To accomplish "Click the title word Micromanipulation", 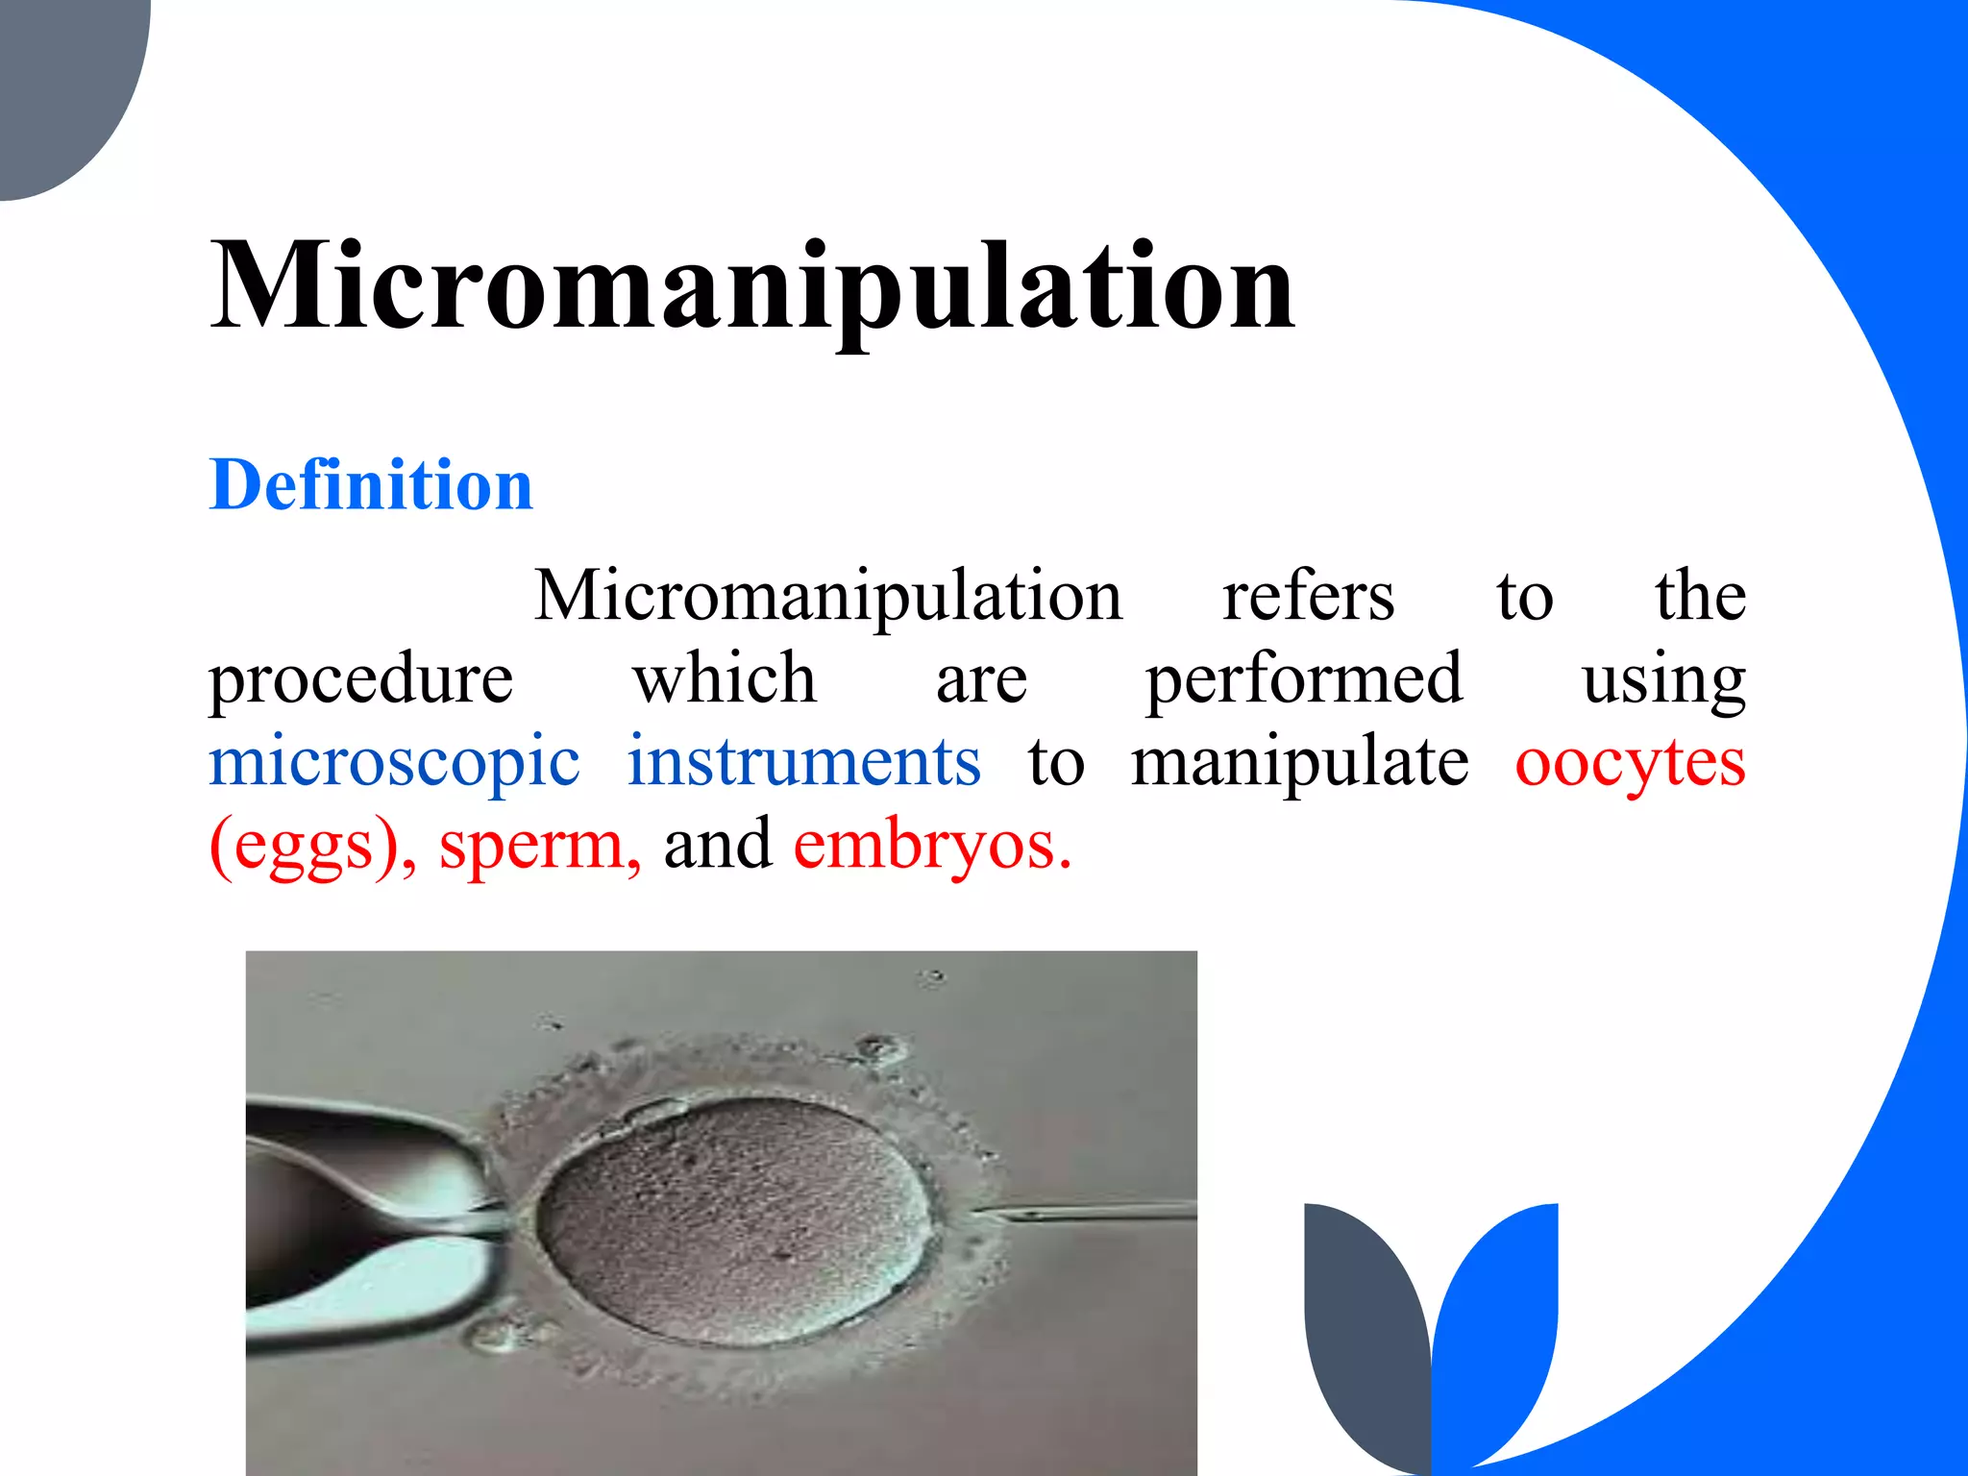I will (x=751, y=286).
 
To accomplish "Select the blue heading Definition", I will (x=371, y=484).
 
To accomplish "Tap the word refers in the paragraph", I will (x=1307, y=596).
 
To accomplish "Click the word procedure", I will (x=361, y=680).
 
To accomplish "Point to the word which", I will (x=725, y=678).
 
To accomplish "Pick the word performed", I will (x=1304, y=680).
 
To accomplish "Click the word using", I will (x=1663, y=680).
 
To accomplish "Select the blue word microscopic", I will (x=394, y=763).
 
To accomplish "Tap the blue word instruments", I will (x=803, y=761).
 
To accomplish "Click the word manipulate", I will (x=1299, y=763).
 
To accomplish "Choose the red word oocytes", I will (x=1630, y=763).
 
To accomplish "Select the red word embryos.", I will (x=931, y=846).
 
